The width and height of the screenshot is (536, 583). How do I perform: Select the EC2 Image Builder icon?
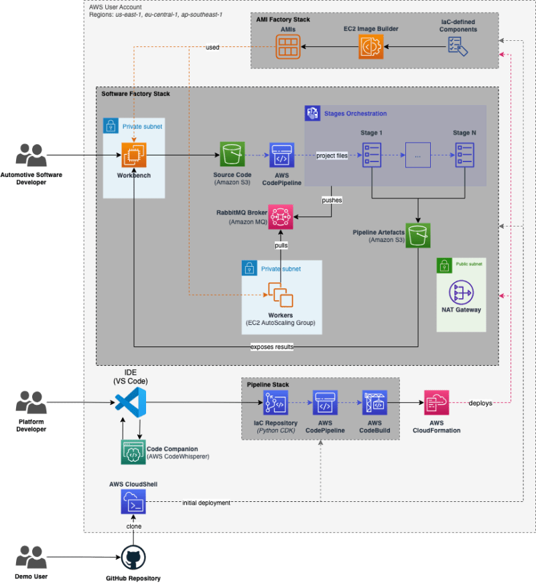371,47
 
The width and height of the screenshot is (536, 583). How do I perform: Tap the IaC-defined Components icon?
458,46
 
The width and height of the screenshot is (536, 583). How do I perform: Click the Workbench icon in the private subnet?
135,155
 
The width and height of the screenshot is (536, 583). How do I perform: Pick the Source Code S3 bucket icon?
232,155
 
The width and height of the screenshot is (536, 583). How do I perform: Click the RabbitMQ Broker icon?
281,218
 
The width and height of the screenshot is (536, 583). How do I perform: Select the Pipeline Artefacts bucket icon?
418,235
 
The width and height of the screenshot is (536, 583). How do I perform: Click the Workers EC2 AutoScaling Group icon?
281,296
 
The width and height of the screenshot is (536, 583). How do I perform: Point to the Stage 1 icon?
371,155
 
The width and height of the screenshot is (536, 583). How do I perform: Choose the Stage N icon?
464,155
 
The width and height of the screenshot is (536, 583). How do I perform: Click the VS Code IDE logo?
131,403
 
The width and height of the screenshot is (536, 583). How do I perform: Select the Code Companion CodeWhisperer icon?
133,452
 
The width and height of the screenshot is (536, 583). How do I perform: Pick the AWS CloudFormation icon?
435,403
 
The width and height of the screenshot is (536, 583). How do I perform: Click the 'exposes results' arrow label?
271,347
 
